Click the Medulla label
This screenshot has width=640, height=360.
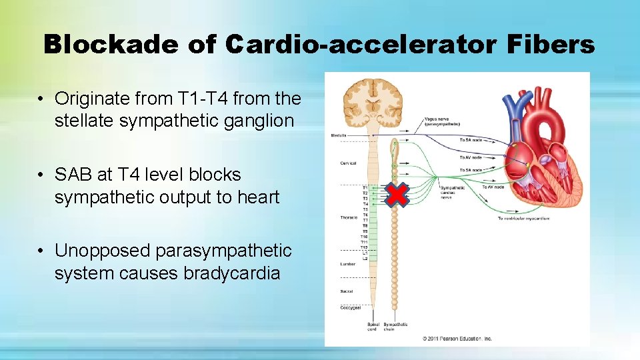339,135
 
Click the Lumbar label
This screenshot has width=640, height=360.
347,264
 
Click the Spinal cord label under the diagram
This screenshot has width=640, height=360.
373,327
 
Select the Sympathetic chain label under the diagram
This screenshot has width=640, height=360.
397,327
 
